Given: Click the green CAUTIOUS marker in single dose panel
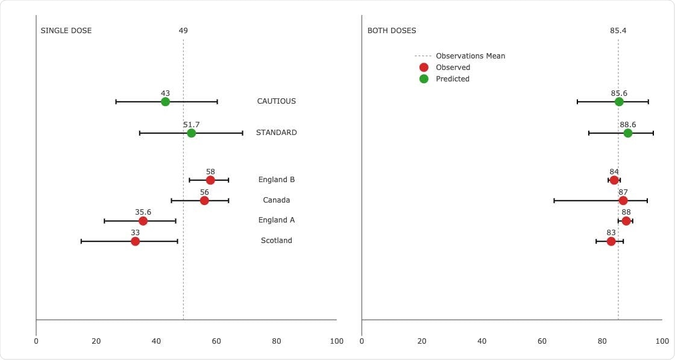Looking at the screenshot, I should [x=165, y=102].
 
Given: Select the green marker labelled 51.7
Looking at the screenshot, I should [x=191, y=133].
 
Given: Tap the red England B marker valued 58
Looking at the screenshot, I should [x=210, y=180].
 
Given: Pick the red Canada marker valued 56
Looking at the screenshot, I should [x=204, y=201].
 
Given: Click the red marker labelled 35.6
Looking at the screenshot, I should [x=143, y=221].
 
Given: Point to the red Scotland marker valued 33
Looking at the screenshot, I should [x=135, y=241].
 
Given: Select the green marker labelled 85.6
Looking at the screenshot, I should [x=619, y=102].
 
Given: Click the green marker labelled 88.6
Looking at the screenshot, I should [x=628, y=133].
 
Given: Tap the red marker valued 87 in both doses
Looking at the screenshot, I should [x=623, y=201].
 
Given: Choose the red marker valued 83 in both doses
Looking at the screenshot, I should [x=611, y=241].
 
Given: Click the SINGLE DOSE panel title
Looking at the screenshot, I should [x=66, y=31].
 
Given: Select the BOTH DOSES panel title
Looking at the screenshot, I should [x=392, y=31].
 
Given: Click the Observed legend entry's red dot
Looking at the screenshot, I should [x=424, y=68].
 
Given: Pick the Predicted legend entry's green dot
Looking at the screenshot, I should [x=424, y=79].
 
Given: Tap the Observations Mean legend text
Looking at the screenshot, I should [x=470, y=56].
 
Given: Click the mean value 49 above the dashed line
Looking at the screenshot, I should [x=183, y=31].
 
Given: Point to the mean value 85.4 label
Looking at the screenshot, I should [x=618, y=31].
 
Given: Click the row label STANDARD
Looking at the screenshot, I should [x=276, y=133].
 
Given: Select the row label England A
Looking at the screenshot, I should [x=276, y=220].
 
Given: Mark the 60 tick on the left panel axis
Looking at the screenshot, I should [x=216, y=341].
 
